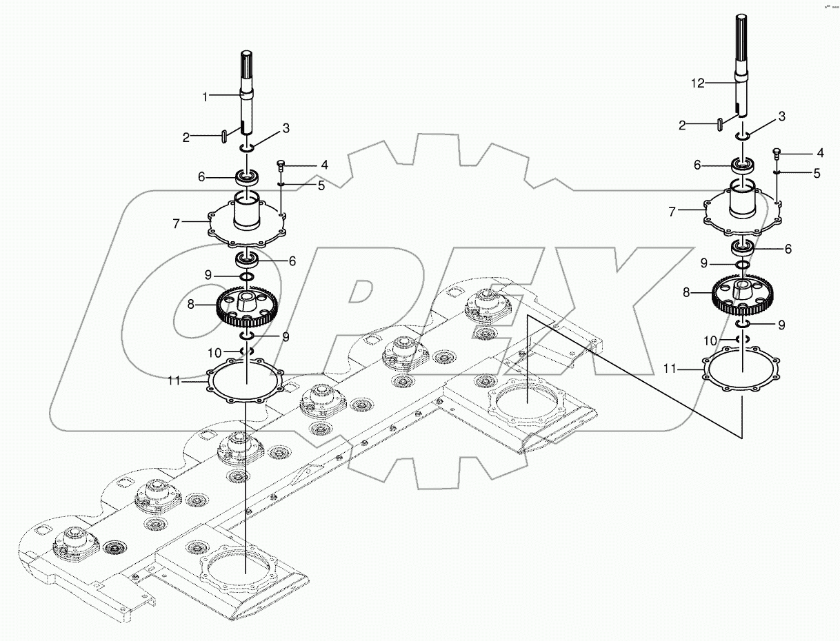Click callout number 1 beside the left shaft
(x=205, y=97)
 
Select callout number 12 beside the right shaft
(x=698, y=83)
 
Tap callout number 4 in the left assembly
(x=304, y=165)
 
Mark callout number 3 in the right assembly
(x=782, y=116)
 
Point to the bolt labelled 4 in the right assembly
(x=776, y=151)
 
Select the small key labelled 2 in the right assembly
(x=719, y=123)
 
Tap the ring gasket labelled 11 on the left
(x=246, y=379)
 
